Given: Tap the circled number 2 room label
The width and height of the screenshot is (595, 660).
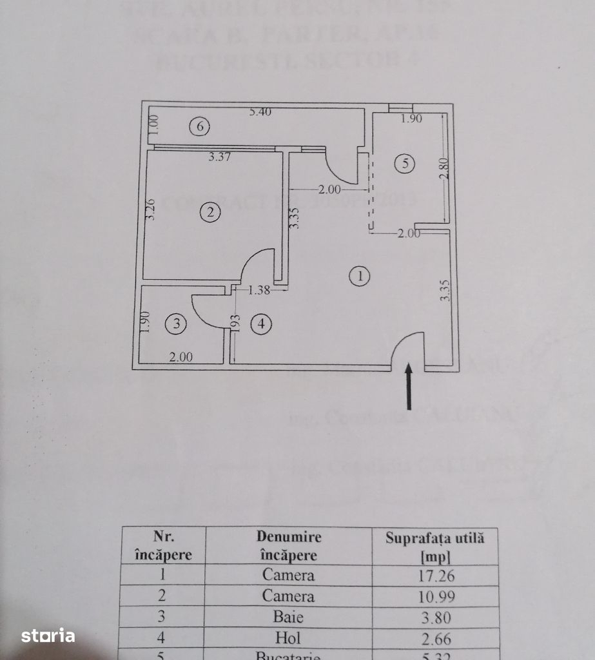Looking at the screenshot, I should click(x=210, y=212).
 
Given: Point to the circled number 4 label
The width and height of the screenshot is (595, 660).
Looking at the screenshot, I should click(x=261, y=324).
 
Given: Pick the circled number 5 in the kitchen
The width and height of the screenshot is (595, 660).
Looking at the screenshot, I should click(x=405, y=164).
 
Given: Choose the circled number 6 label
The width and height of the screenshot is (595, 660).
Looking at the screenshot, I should click(x=200, y=127).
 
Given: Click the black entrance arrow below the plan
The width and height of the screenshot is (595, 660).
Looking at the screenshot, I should click(x=409, y=387).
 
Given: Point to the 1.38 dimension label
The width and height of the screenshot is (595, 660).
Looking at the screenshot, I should click(x=258, y=291).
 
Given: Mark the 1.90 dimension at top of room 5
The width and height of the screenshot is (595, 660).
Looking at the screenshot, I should click(x=411, y=119).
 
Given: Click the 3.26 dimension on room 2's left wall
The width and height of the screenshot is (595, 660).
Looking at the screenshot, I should click(x=150, y=209).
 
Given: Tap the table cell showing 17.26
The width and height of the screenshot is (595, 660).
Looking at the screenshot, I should click(x=435, y=575).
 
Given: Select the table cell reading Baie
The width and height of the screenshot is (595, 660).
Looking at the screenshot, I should click(x=288, y=617).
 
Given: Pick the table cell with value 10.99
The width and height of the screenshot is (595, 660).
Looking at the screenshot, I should click(x=435, y=596).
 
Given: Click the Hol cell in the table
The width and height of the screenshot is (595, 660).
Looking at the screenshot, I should click(x=288, y=638).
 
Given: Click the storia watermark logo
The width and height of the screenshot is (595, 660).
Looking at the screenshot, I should click(x=48, y=636).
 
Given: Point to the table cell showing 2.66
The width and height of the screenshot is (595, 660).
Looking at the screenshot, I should click(x=435, y=638).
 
